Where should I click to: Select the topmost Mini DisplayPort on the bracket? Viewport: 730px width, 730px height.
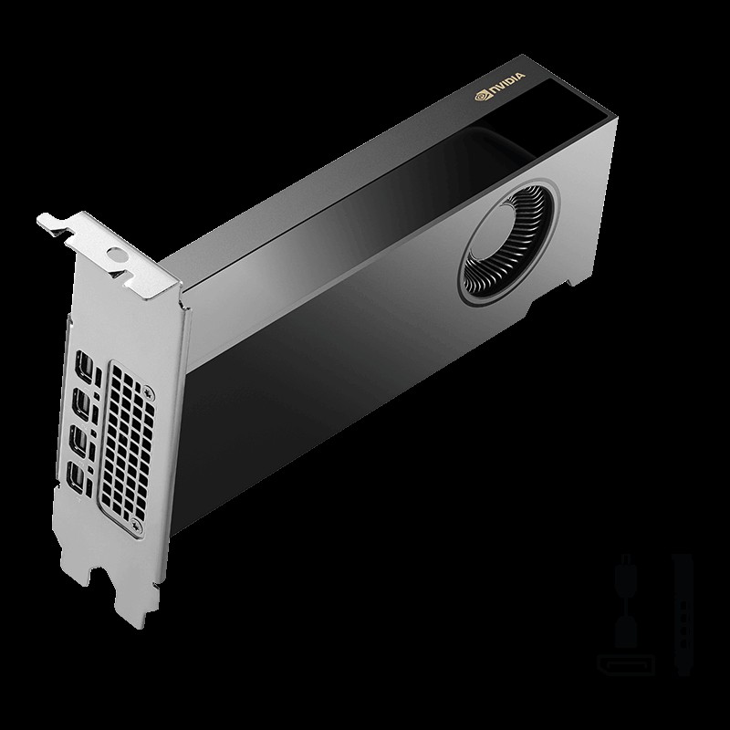85,363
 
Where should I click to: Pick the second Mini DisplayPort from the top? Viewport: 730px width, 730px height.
82,402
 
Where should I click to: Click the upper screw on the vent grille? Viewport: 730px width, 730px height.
149,391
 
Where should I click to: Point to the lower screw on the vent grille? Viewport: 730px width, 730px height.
136,524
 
